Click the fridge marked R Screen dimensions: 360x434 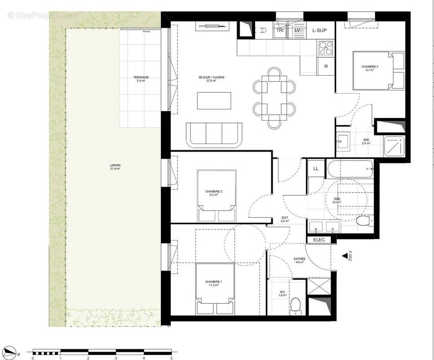(x=325, y=66)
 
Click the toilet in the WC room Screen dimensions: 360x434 (x=295, y=305)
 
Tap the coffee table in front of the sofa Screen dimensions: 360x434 (x=214, y=101)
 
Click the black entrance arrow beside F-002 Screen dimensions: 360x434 (x=345, y=256)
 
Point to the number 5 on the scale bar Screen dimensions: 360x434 (x=171, y=358)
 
